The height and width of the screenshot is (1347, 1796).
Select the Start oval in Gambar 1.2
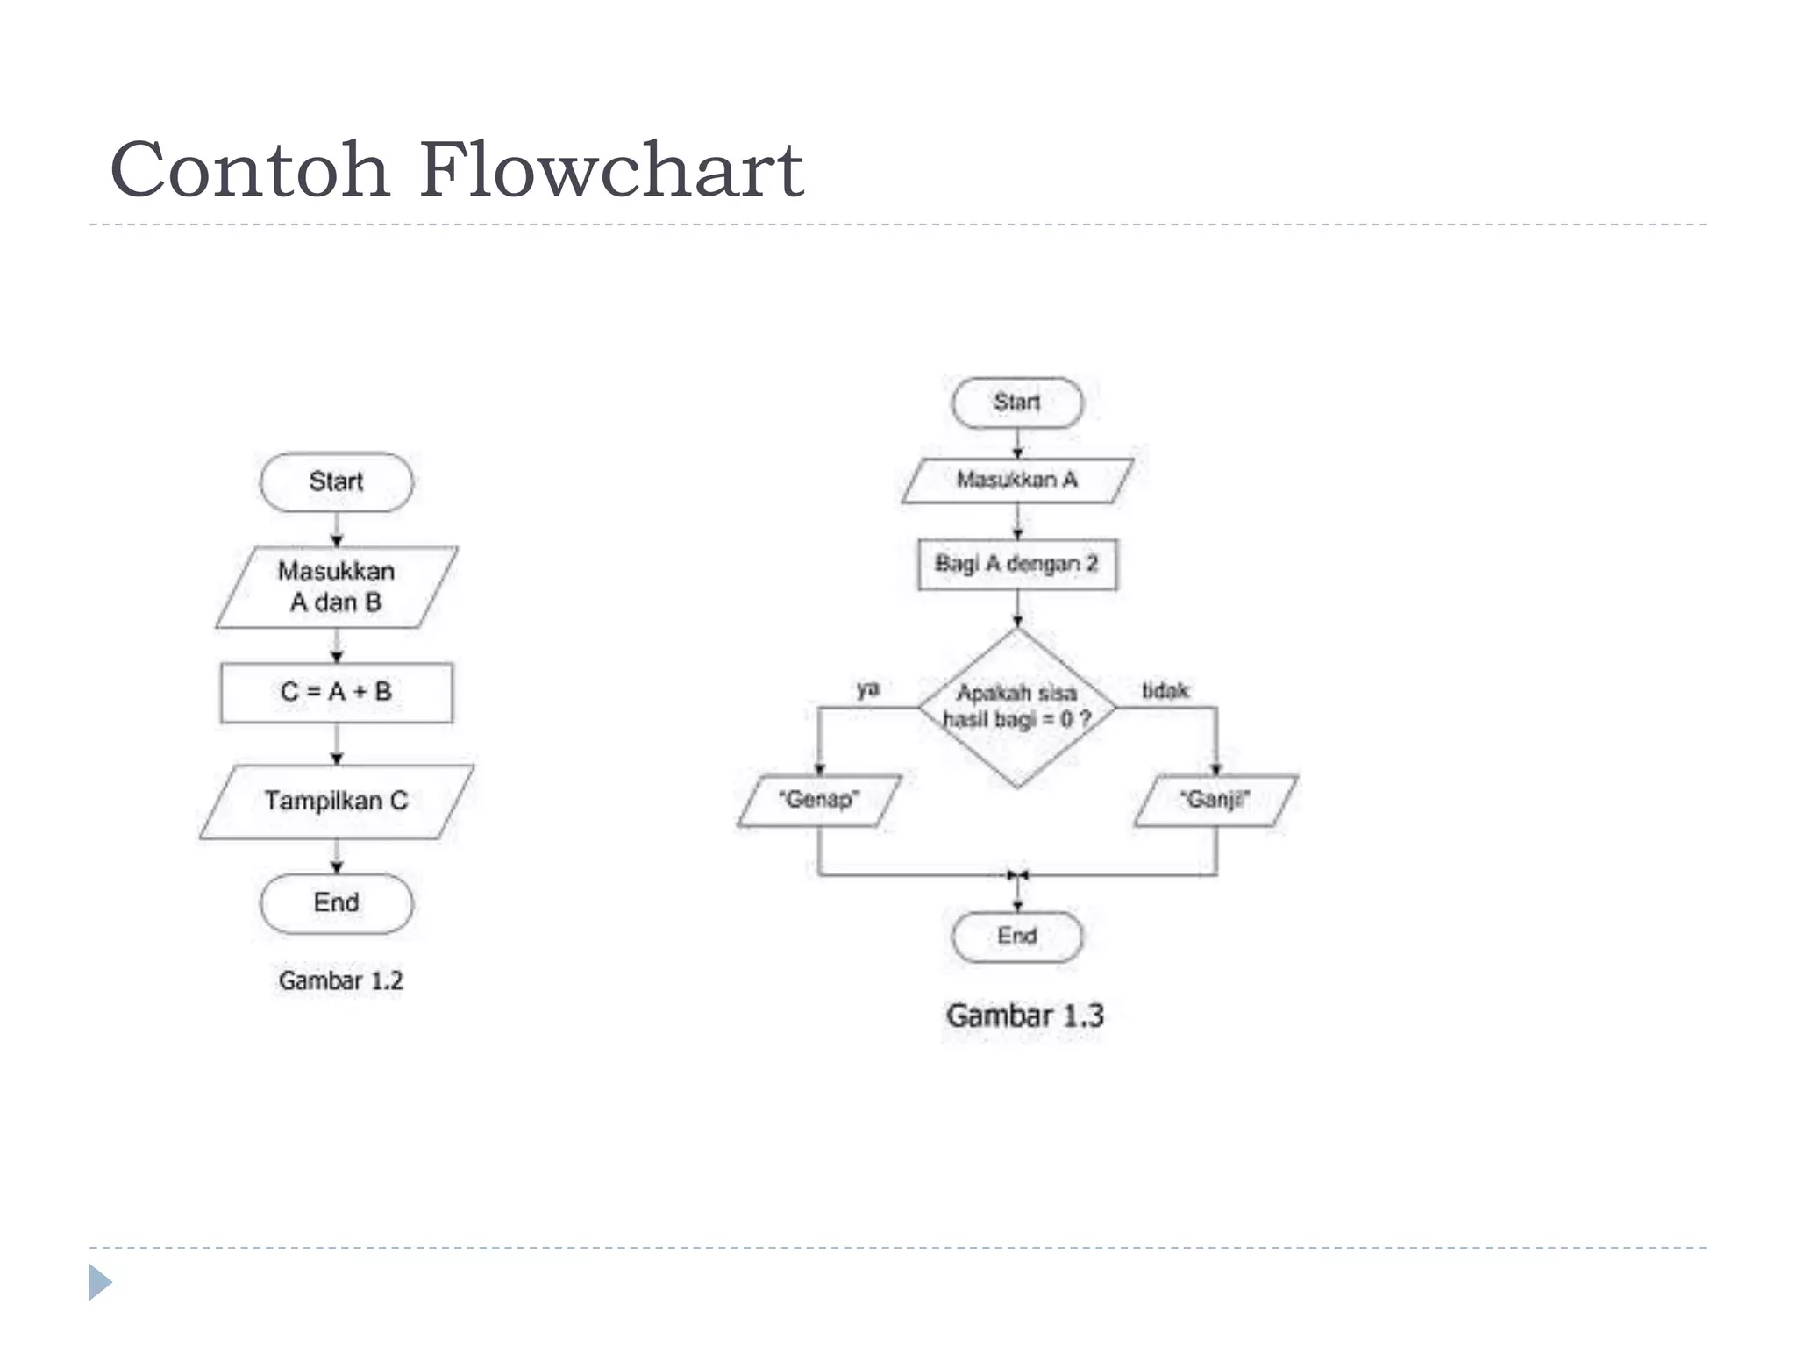point(336,482)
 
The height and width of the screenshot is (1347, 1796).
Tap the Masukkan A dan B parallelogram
point(336,587)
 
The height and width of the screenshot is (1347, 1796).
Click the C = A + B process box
point(336,693)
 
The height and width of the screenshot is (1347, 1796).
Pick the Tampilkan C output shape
point(336,802)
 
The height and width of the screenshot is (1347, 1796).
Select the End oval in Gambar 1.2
point(336,903)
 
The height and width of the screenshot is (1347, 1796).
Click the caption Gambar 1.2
point(340,980)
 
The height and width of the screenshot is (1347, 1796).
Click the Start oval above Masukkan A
point(1017,403)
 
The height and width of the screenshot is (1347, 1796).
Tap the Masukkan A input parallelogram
point(1017,481)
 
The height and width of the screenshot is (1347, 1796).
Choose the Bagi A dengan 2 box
point(1017,564)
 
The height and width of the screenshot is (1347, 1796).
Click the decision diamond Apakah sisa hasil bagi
point(1017,707)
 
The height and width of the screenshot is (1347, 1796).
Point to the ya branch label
point(867,689)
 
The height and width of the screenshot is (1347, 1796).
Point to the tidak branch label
point(1165,691)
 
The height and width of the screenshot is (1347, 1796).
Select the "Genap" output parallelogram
point(819,800)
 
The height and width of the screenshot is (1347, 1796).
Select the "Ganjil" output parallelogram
point(1215,800)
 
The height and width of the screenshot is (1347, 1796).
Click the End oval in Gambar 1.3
point(1017,937)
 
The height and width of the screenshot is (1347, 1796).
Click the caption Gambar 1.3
point(1024,1016)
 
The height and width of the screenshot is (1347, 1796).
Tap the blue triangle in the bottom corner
point(100,1282)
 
